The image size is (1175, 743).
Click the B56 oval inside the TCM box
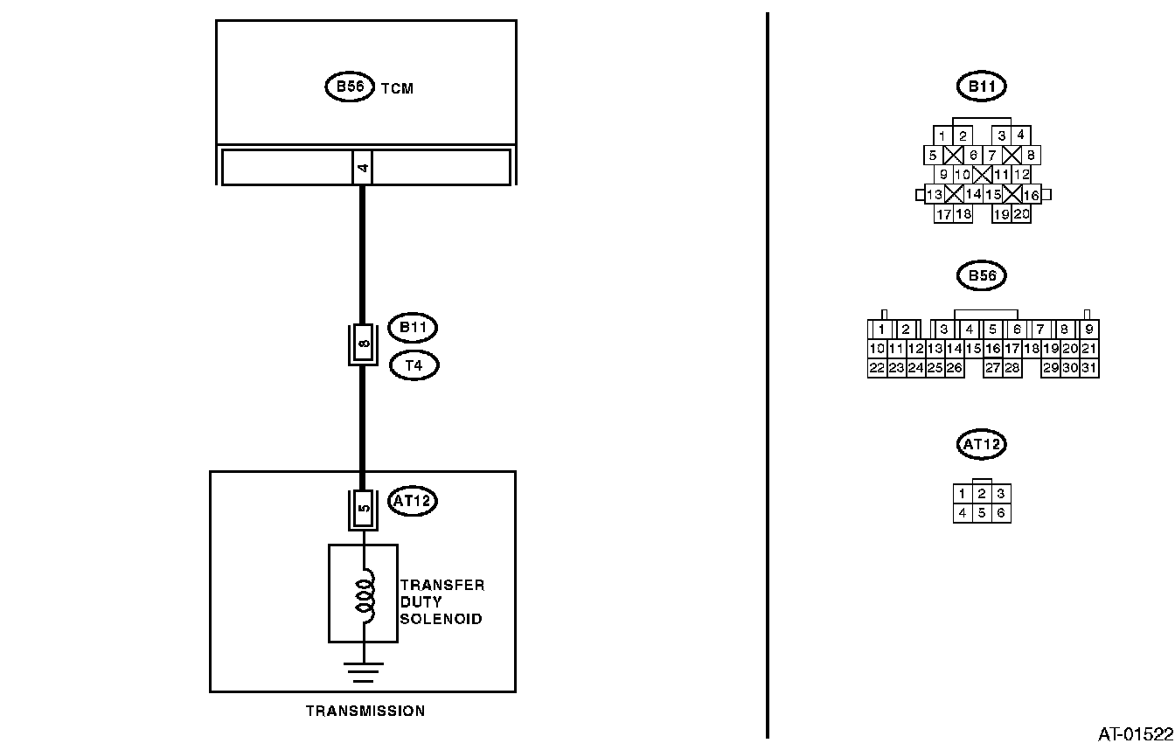point(350,87)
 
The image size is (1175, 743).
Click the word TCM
point(397,88)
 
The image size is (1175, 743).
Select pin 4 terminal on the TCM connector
point(363,167)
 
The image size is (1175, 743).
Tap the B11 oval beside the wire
point(414,328)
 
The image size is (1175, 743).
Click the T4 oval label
point(414,365)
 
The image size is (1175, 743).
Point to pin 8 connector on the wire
point(363,344)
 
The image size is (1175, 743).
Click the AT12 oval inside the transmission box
point(412,502)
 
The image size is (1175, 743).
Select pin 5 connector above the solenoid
point(363,507)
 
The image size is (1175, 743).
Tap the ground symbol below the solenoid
point(363,671)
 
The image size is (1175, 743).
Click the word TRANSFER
point(441,586)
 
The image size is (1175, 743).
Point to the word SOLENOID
point(441,619)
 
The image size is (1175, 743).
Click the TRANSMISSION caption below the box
point(365,711)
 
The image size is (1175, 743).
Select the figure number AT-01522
point(1135,733)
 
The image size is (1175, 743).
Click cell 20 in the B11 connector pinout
point(1021,214)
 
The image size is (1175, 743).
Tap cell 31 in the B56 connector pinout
point(1089,368)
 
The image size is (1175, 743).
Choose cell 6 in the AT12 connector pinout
point(1001,513)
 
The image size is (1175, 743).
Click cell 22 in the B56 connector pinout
point(877,368)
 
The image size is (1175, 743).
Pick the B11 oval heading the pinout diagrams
point(982,87)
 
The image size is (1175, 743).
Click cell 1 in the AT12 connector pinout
point(963,494)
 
